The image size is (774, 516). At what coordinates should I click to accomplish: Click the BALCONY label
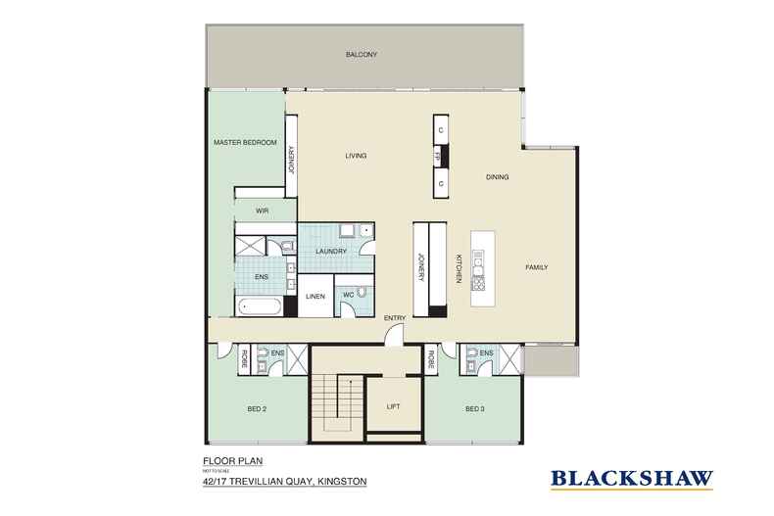coord(362,54)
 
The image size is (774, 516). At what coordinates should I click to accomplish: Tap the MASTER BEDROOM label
coord(245,143)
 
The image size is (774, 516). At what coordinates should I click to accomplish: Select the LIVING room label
coord(356,156)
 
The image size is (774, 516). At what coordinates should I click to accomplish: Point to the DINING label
coord(497,177)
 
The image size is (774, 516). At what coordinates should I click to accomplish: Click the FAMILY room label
coord(537,267)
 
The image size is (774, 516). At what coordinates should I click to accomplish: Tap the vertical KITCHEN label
coord(459,269)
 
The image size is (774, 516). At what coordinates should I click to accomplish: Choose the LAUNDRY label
coord(331,252)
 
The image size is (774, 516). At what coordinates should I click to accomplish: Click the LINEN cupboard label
coord(315,297)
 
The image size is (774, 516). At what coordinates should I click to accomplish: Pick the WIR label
coord(263,211)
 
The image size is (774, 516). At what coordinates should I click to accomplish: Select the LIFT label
coord(394,407)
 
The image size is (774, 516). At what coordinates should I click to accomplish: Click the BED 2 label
coord(257,409)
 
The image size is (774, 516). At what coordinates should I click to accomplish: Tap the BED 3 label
coord(475,409)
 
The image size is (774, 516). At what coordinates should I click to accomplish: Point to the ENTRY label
coord(395,318)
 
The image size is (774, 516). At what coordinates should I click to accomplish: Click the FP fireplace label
coord(437,157)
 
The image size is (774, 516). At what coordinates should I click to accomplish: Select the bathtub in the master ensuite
coord(259,306)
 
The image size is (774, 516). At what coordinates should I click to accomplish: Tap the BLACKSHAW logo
coord(632,479)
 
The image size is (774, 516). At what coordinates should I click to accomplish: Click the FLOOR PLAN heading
coord(233,461)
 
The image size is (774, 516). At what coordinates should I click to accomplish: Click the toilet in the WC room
coord(363,293)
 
